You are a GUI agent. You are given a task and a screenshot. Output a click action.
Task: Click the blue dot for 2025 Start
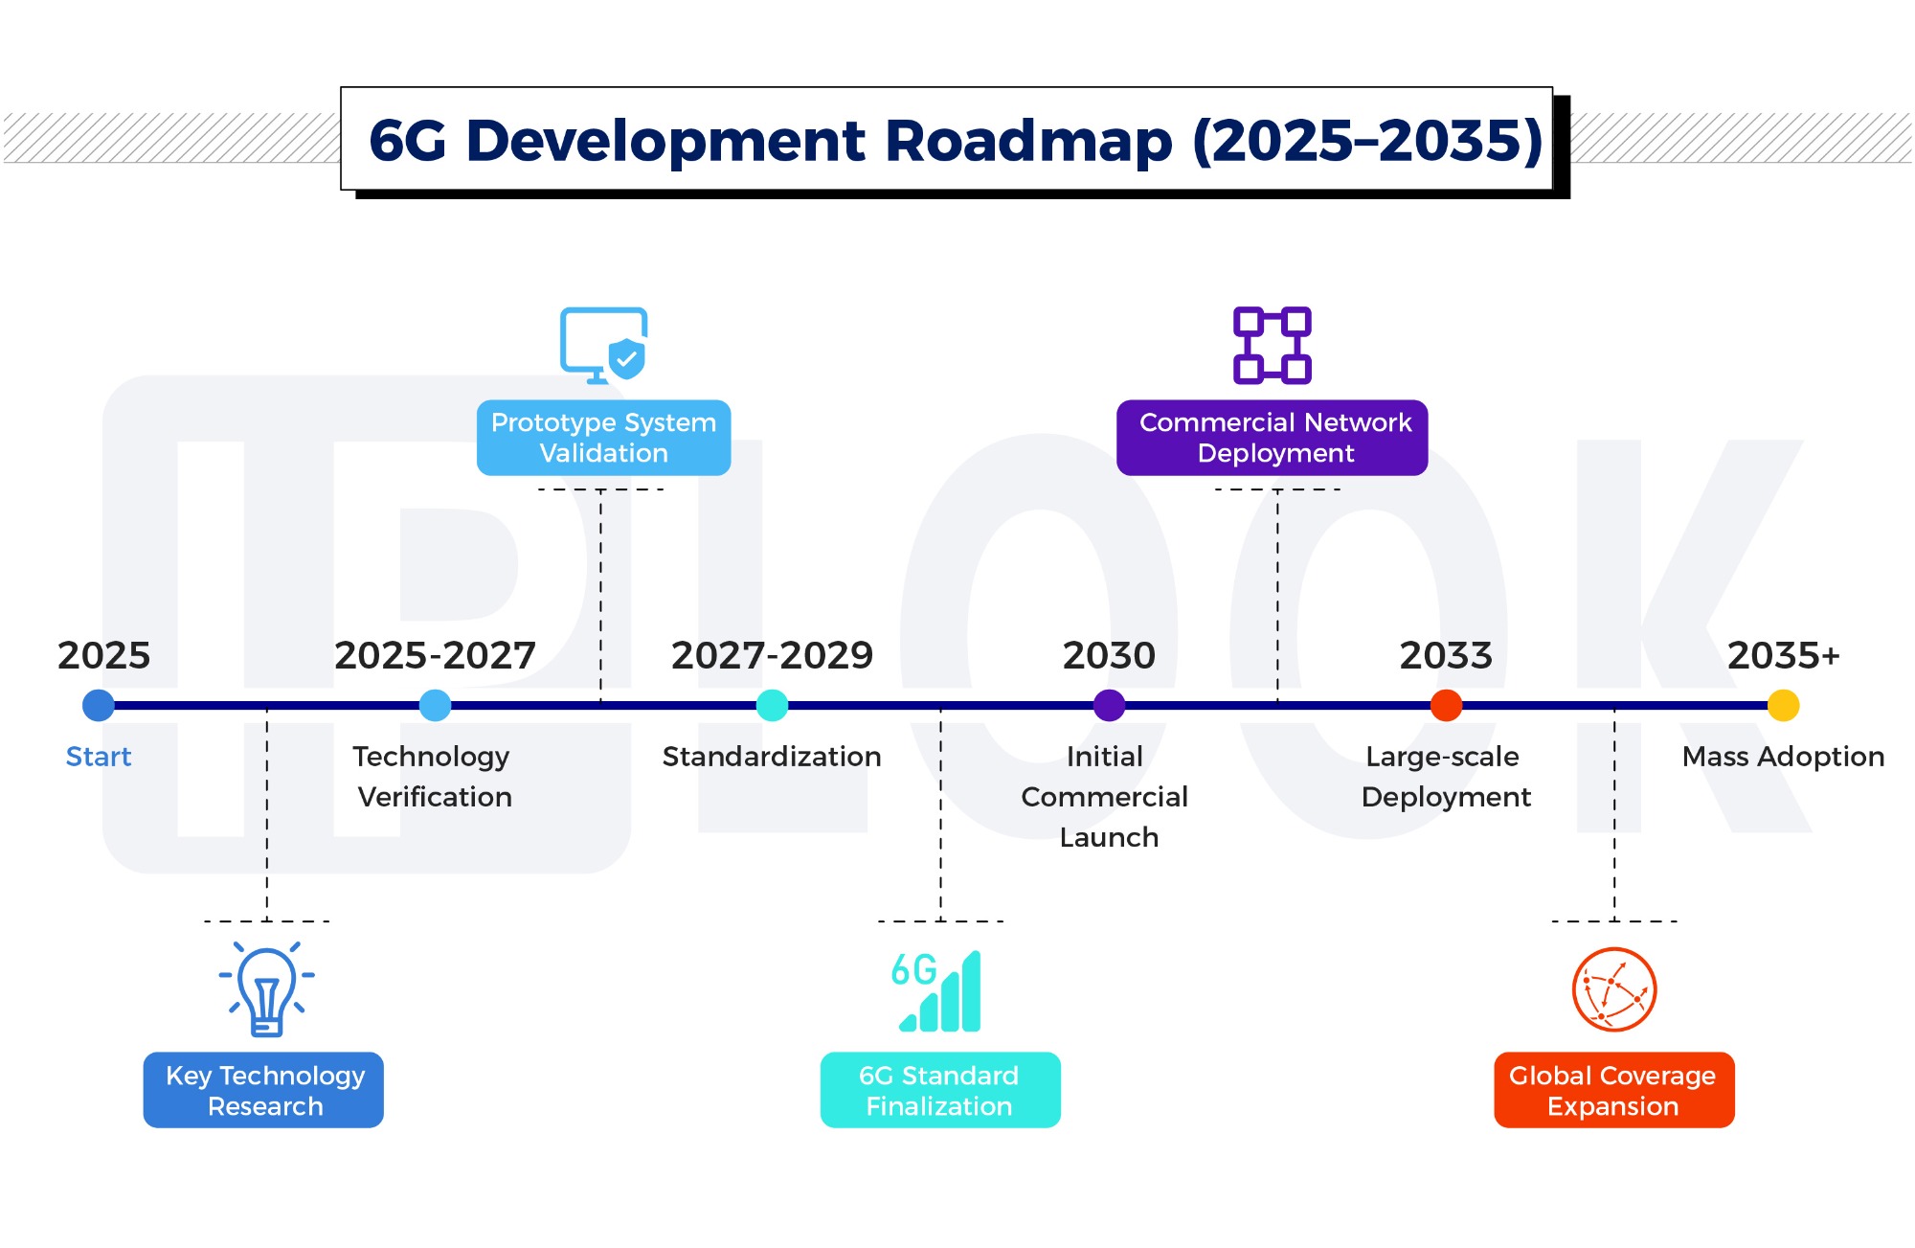[99, 706]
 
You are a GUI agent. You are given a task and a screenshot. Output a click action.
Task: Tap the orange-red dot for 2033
[1446, 706]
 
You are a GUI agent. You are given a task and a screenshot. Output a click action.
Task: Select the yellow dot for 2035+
[1783, 706]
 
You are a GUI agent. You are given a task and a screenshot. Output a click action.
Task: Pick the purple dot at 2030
[1109, 706]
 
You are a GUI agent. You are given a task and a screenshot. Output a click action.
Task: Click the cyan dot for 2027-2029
[772, 706]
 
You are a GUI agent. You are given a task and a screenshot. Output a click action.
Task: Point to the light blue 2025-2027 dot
[435, 706]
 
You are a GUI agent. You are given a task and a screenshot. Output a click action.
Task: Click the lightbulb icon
[267, 989]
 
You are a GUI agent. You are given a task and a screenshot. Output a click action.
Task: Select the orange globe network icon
[1614, 989]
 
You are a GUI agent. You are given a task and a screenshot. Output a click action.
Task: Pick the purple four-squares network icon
[1272, 345]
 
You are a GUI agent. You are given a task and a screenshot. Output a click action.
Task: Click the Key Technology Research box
[263, 1090]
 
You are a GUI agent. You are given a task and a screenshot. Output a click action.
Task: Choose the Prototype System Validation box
[603, 438]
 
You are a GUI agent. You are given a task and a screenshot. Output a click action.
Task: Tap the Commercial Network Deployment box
[1272, 438]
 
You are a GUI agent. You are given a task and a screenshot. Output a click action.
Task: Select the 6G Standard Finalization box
[940, 1090]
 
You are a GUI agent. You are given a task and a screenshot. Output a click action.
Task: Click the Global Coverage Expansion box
[1613, 1090]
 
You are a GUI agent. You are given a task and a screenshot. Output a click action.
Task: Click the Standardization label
[772, 757]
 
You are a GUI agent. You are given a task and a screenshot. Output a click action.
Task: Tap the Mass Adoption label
[1783, 757]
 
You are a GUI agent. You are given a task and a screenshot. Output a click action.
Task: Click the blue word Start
[99, 757]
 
